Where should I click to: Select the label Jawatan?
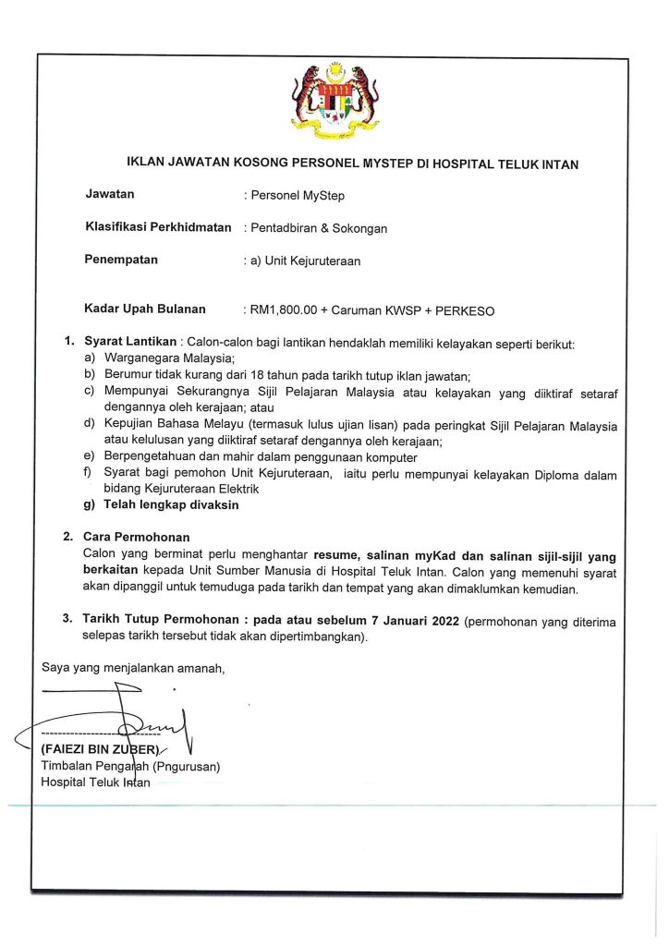point(109,194)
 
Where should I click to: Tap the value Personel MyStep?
point(294,195)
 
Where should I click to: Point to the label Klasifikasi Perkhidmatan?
point(157,226)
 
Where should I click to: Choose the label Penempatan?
point(121,260)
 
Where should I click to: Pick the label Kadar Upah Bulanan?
point(145,309)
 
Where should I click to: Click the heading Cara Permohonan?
point(137,537)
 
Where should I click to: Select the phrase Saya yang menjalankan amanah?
point(132,667)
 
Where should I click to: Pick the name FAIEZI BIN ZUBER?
point(102,749)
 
